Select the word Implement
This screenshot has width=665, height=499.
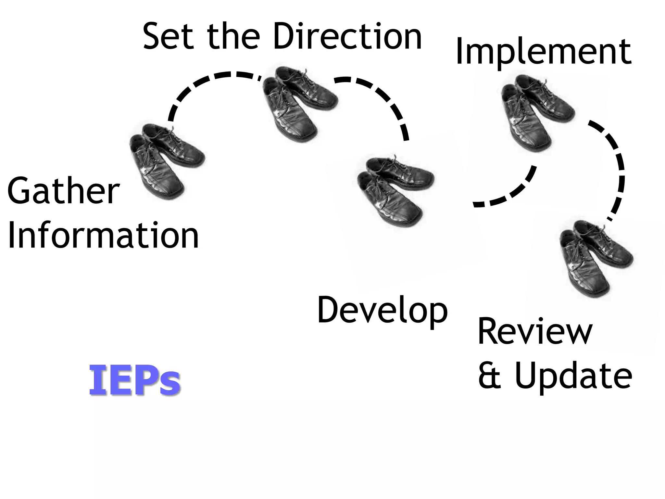point(543,52)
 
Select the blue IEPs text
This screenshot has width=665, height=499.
point(134,380)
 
